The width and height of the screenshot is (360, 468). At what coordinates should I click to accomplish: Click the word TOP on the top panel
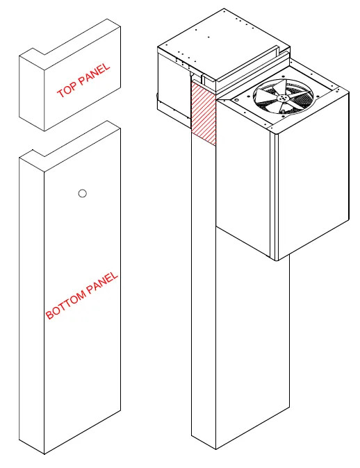67,88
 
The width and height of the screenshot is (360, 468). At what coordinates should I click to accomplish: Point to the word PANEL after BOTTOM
102,282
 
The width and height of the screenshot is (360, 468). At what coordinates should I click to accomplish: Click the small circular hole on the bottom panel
83,194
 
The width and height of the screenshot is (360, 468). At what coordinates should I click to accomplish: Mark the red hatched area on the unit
203,113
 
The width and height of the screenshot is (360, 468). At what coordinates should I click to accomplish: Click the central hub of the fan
282,98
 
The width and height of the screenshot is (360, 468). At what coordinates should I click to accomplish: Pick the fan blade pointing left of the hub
266,96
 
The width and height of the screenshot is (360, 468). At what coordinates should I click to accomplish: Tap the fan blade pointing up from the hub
286,87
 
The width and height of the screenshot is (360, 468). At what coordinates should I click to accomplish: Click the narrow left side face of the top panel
32,93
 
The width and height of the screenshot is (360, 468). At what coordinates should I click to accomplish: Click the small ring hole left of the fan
236,100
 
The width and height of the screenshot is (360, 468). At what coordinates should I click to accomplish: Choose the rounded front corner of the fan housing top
275,131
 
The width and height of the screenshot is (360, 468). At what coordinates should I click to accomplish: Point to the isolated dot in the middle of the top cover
208,37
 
